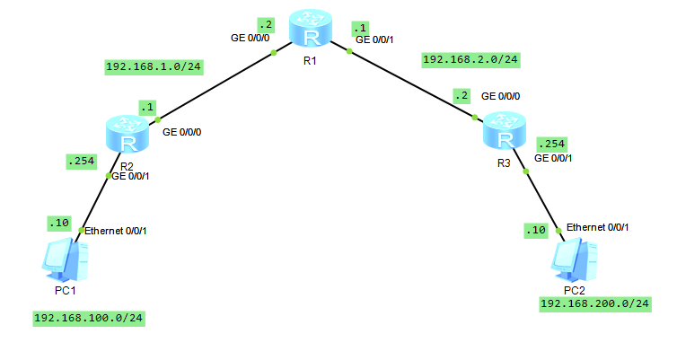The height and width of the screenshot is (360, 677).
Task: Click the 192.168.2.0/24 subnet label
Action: click(471, 59)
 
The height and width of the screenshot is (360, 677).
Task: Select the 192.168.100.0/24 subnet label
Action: click(88, 318)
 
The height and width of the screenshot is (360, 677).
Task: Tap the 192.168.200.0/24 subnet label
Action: click(594, 304)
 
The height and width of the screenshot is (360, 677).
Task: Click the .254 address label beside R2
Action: click(80, 162)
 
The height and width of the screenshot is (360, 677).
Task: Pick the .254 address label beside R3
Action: click(551, 144)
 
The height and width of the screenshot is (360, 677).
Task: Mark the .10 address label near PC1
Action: click(57, 222)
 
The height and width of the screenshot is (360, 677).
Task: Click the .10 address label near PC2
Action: click(535, 231)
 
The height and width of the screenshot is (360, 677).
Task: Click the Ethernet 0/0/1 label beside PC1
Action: click(116, 231)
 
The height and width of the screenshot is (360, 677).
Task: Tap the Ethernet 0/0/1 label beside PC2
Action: click(598, 226)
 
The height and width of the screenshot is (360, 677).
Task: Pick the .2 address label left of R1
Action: click(265, 23)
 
